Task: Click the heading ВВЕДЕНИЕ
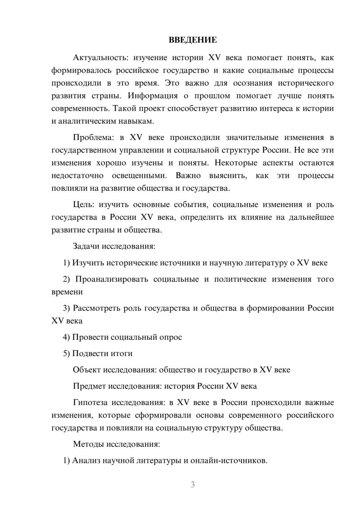193,40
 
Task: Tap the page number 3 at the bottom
193,485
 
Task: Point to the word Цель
83,204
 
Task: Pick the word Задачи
86,247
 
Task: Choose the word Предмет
89,386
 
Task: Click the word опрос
170,337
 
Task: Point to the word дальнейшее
311,217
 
